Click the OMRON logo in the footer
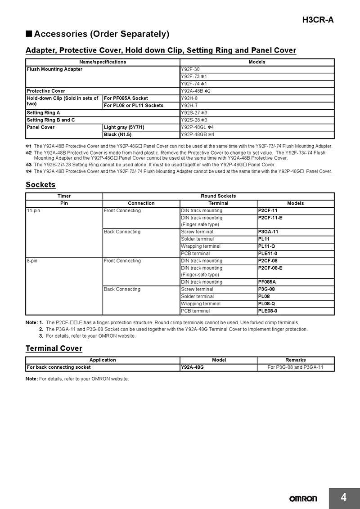click(x=303, y=498)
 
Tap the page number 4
click(x=344, y=497)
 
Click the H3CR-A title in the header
click(x=318, y=20)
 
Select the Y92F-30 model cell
click(x=257, y=69)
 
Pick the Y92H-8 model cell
click(x=257, y=98)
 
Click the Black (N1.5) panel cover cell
click(x=141, y=134)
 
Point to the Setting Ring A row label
click(x=103, y=113)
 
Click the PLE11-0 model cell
click(x=296, y=254)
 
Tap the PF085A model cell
click(x=296, y=282)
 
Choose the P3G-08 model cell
click(x=296, y=289)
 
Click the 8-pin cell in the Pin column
click(x=64, y=261)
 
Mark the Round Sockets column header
click(x=218, y=196)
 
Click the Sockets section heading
click(x=40, y=185)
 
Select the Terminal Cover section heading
click(x=54, y=348)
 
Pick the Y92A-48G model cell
click(x=218, y=367)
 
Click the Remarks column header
click(x=295, y=360)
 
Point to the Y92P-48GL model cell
click(x=257, y=127)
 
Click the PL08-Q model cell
click(x=296, y=304)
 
